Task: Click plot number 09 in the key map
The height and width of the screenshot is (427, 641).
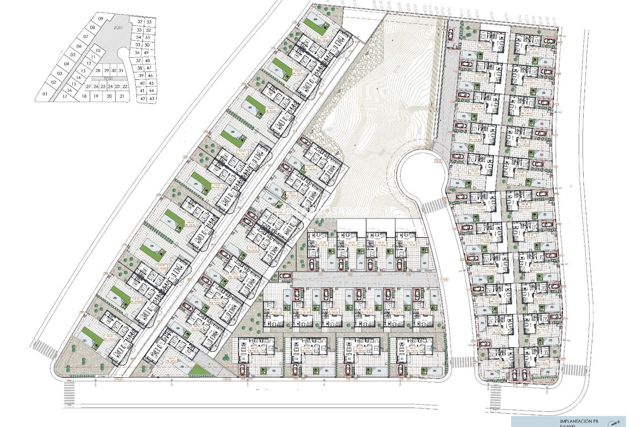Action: point(101,18)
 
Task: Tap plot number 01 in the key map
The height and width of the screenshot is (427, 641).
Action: point(46,94)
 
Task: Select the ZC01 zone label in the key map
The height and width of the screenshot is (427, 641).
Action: point(117,28)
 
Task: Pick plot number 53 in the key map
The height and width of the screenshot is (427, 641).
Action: point(149,22)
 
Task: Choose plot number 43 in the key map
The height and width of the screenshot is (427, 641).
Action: point(152,98)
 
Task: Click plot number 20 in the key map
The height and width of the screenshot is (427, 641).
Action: point(109,96)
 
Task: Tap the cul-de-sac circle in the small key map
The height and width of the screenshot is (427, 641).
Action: point(123,52)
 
